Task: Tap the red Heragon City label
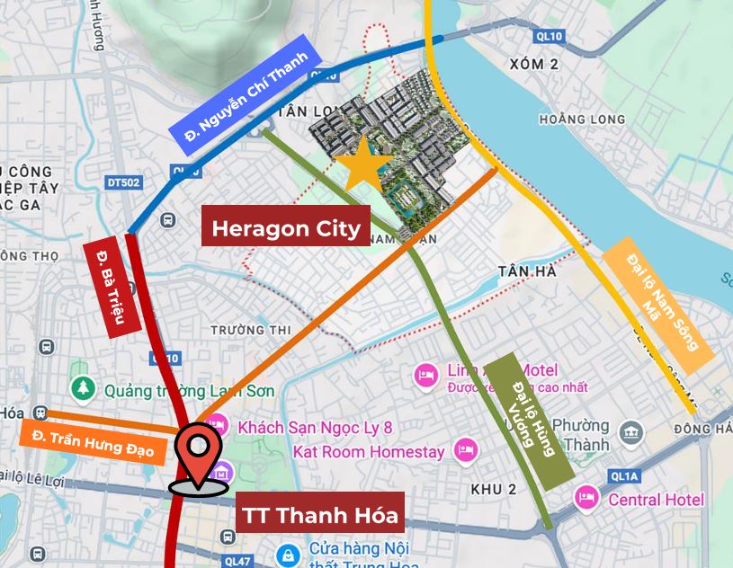[x=286, y=228]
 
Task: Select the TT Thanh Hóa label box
[x=319, y=518]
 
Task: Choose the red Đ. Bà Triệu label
[x=115, y=288]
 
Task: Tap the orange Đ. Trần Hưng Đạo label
[x=94, y=440]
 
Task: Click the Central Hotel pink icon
[x=587, y=498]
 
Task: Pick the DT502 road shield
[x=123, y=182]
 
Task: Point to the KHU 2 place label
[x=494, y=489]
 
